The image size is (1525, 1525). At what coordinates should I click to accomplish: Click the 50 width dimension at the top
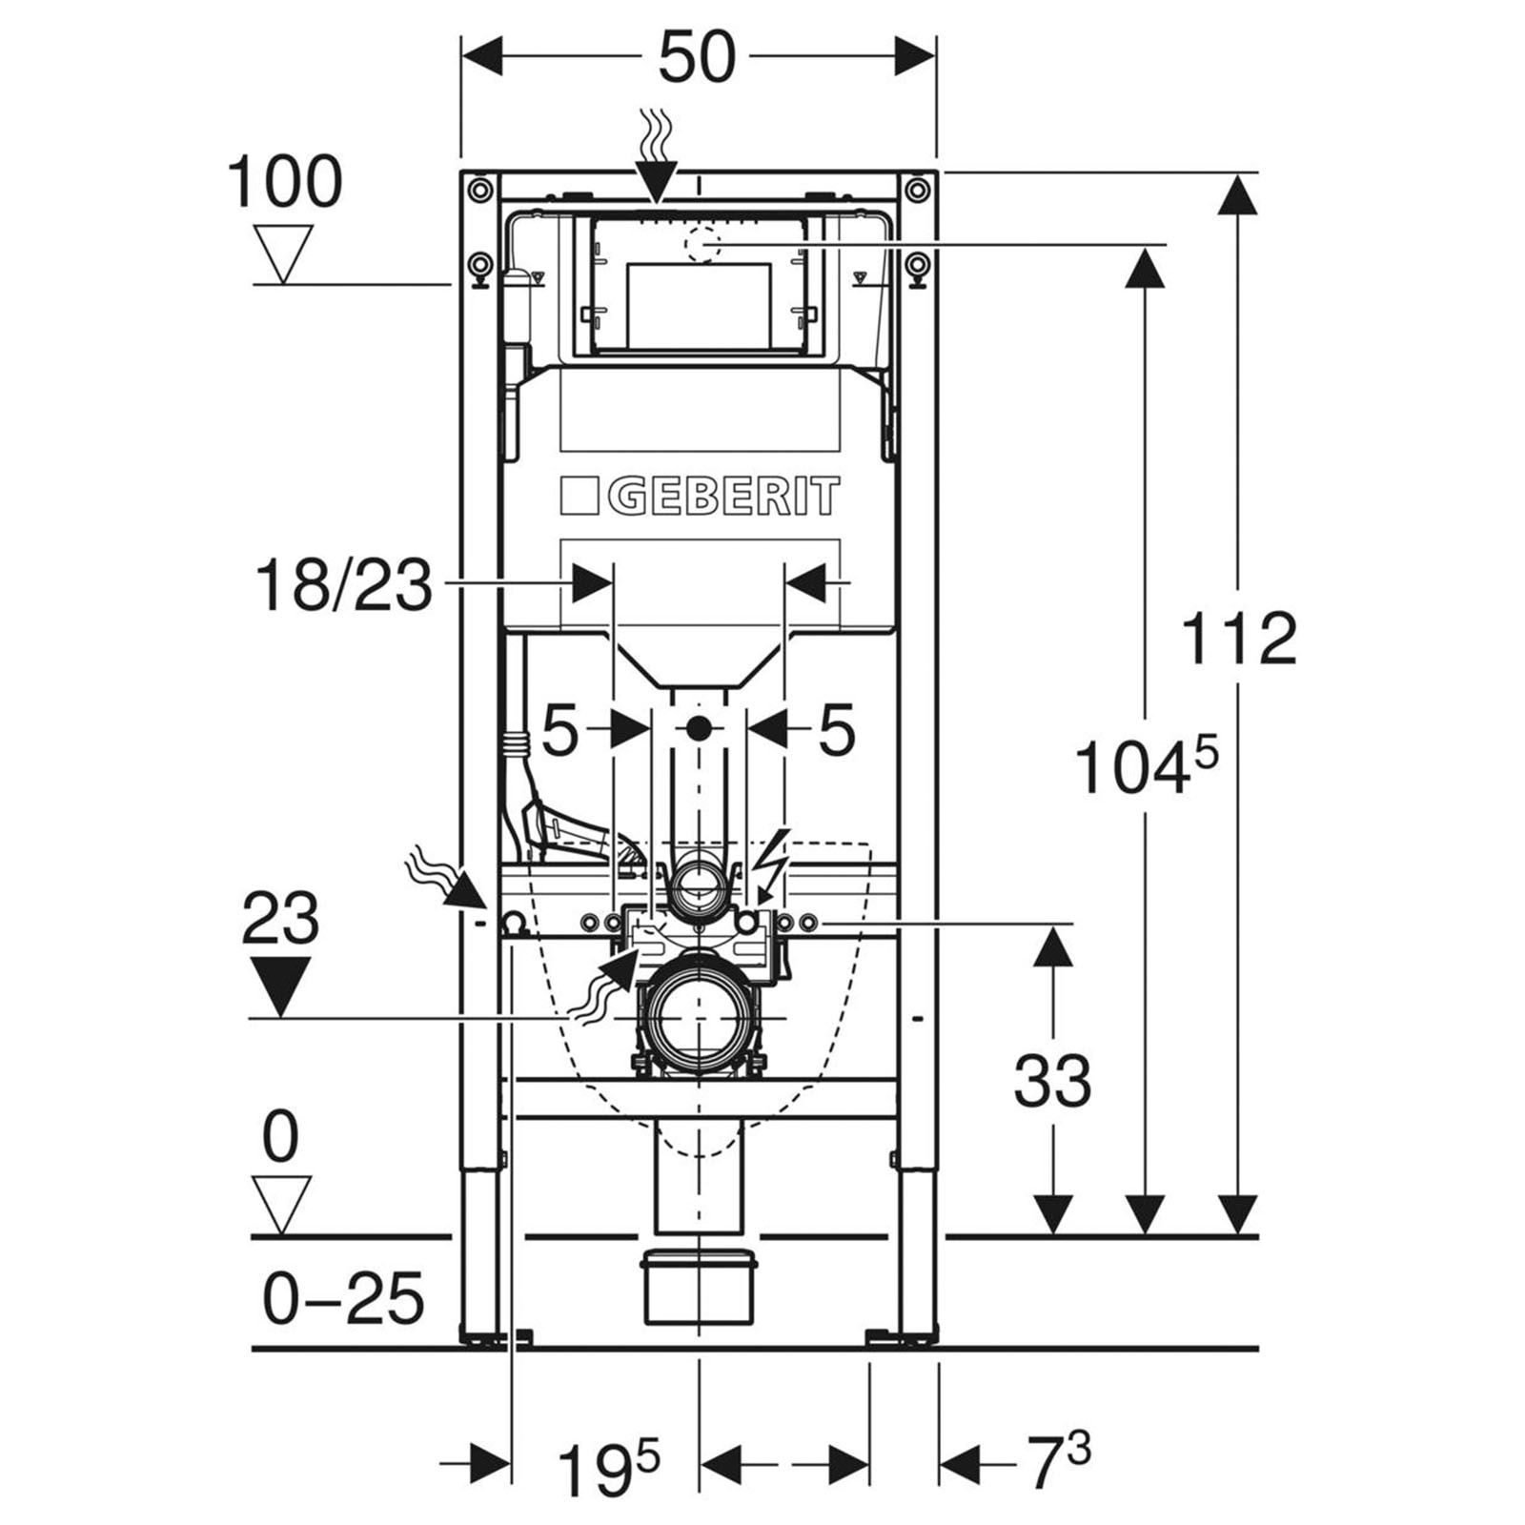(x=698, y=57)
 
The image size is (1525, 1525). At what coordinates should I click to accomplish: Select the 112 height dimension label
(x=1239, y=639)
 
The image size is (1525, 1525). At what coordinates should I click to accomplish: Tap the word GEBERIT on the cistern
(x=722, y=497)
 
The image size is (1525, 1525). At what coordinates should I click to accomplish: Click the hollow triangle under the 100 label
(x=283, y=254)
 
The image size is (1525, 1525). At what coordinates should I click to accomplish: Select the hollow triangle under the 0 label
(x=281, y=1206)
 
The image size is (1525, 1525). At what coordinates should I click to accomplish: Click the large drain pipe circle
(x=699, y=1019)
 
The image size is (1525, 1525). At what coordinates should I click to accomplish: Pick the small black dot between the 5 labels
(x=699, y=730)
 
